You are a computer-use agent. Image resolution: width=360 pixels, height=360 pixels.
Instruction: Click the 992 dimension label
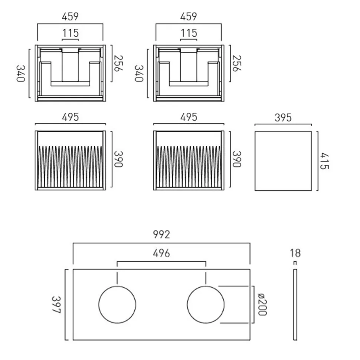[x=161, y=235]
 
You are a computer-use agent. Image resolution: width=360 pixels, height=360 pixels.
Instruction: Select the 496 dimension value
[x=161, y=253]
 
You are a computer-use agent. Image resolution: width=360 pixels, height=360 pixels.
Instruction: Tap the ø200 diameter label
[x=262, y=304]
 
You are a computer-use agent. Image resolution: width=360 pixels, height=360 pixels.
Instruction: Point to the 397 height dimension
[x=56, y=305]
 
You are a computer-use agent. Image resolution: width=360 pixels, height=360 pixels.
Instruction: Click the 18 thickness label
[x=295, y=253]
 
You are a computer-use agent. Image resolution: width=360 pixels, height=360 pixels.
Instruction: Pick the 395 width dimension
[x=283, y=118]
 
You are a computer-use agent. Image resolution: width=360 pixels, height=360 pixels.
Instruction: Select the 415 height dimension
[x=324, y=161]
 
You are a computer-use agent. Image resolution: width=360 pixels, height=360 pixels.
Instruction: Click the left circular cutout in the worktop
[x=99, y=305]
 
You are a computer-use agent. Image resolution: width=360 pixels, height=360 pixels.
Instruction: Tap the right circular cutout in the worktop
[x=187, y=305]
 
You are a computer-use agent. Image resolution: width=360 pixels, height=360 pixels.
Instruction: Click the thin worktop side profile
[x=295, y=305]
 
